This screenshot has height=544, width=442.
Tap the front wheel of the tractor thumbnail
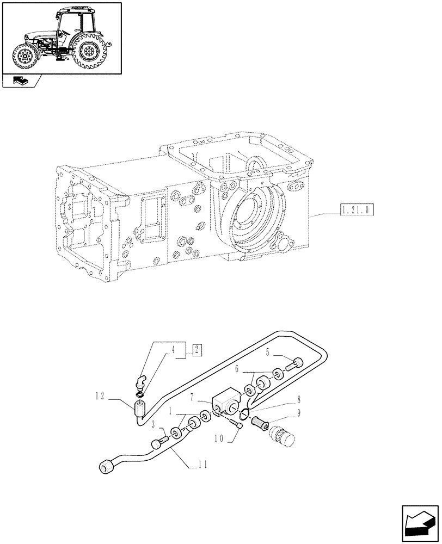point(24,56)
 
